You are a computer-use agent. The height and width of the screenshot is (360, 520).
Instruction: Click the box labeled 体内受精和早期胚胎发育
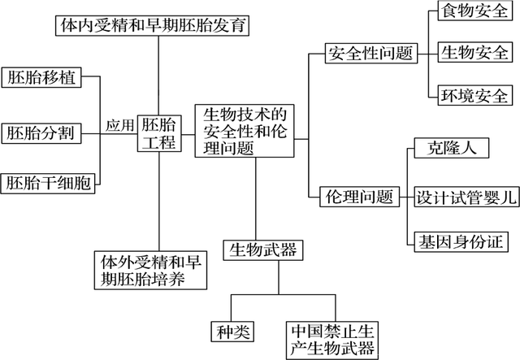click(152, 25)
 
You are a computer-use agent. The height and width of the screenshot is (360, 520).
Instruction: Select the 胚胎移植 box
click(41, 78)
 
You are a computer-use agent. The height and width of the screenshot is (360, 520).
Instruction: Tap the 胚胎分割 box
click(41, 132)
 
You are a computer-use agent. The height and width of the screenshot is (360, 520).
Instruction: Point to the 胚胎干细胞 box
click(48, 184)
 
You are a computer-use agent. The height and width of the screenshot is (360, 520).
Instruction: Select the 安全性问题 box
click(370, 54)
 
